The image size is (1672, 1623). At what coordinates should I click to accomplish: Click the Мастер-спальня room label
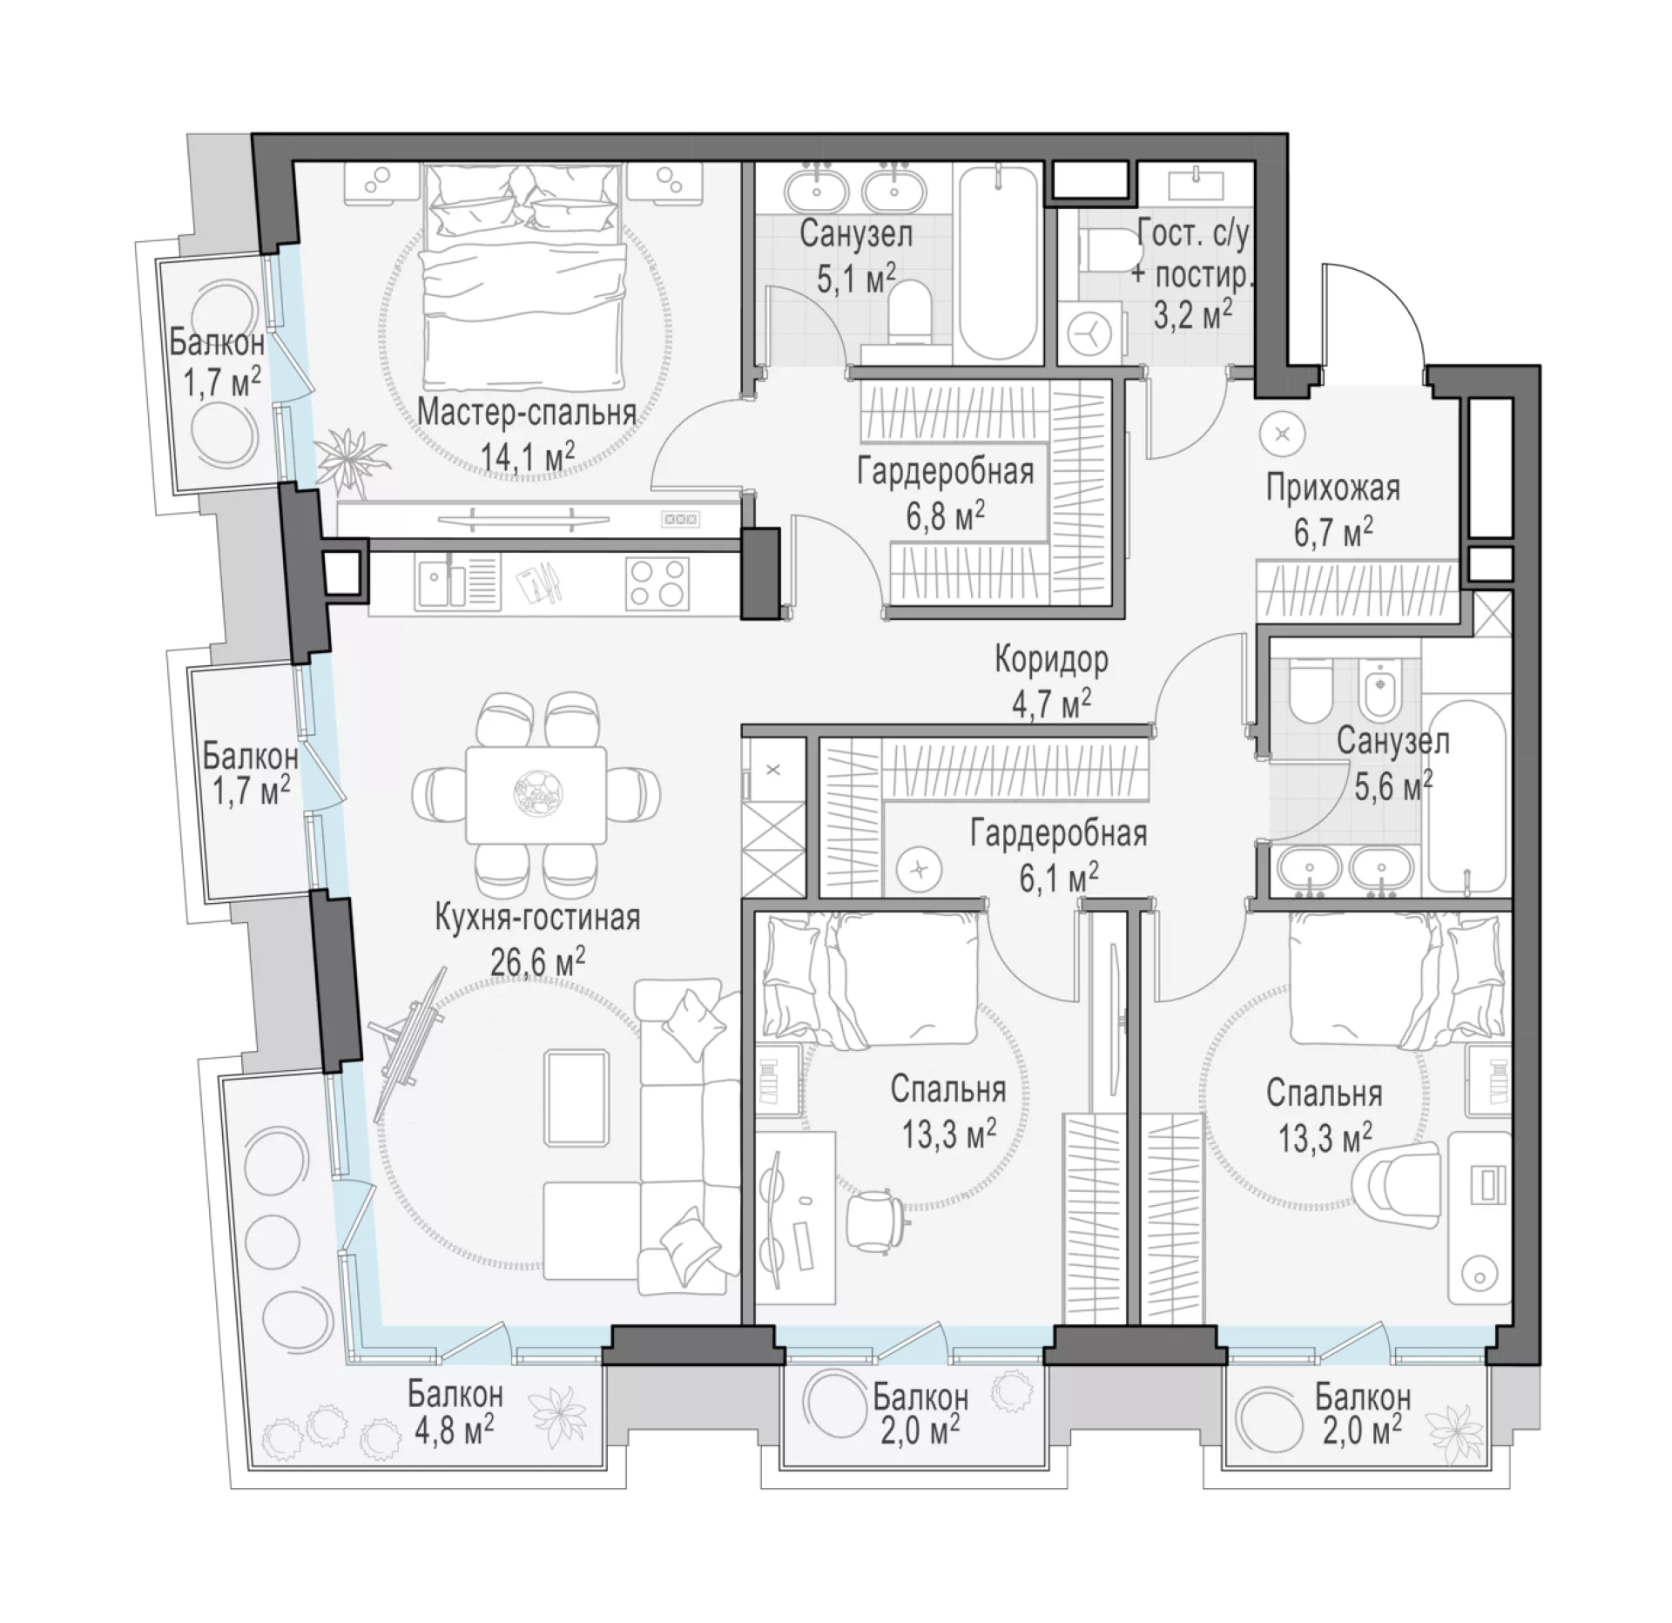point(527,412)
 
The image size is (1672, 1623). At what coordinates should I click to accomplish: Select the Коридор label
point(1052,660)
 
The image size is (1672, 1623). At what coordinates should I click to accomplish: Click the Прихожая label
point(1333,488)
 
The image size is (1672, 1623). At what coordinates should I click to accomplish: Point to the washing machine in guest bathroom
point(1089,333)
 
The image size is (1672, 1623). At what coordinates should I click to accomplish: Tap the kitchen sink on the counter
point(443,582)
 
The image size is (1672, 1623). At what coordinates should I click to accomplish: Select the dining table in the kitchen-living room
point(536,794)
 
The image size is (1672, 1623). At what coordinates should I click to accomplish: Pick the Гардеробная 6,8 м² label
point(946,493)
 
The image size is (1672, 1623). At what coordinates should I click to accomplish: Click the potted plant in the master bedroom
point(350,459)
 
